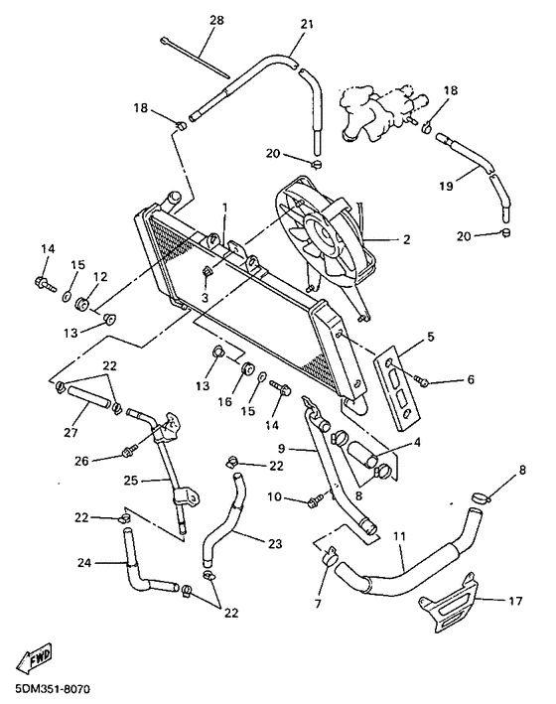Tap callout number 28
[x=216, y=20]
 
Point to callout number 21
[x=306, y=23]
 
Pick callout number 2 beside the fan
[x=405, y=238]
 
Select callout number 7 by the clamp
[x=320, y=605]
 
